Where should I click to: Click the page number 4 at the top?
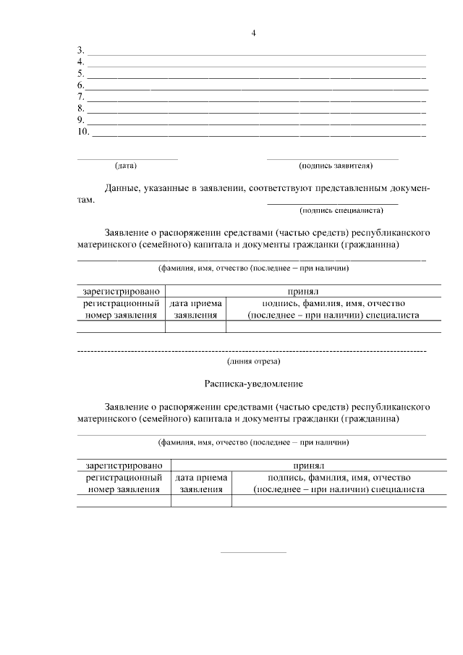coord(253,33)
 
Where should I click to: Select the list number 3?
coord(80,51)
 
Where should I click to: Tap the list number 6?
coord(80,85)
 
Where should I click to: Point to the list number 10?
coord(82,132)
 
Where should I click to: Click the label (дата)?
coord(126,166)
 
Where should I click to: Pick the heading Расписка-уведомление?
coord(252,383)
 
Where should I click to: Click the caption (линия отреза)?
coord(253,360)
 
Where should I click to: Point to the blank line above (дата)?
coord(127,159)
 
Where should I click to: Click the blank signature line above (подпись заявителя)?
coord(332,159)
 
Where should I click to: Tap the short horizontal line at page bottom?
coord(253,553)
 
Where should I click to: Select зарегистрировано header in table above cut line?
coord(121,290)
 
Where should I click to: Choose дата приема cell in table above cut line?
coord(195,309)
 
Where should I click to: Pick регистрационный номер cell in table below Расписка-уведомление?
coord(124,483)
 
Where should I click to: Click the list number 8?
coord(80,109)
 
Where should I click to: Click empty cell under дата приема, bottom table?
coord(201,501)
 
